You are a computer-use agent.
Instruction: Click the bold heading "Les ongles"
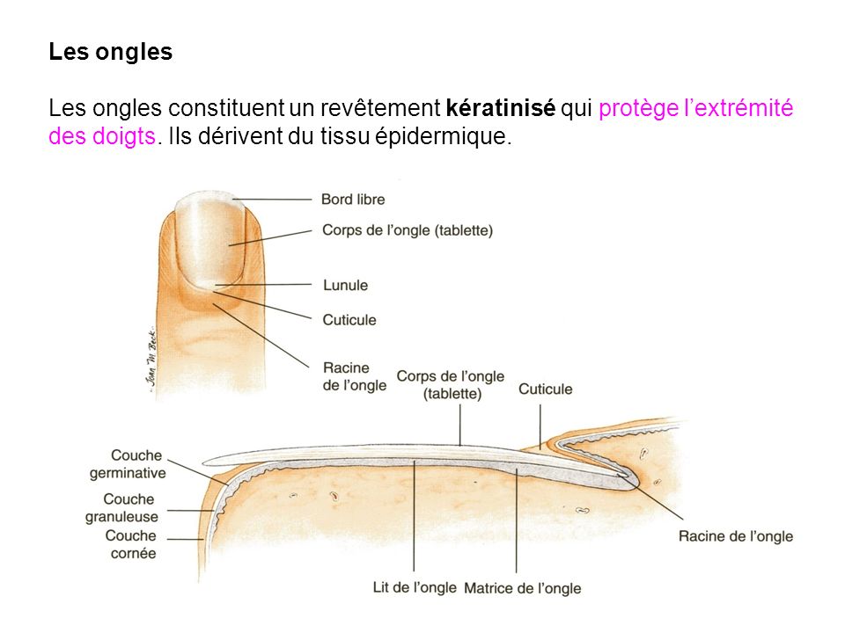[x=110, y=52]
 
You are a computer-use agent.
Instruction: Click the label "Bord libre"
[x=353, y=200]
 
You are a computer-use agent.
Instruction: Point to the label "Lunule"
[x=345, y=285]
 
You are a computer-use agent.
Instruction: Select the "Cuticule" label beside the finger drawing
[x=349, y=319]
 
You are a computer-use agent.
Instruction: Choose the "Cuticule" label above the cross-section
[x=545, y=389]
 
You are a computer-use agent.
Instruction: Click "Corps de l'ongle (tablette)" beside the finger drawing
[x=408, y=230]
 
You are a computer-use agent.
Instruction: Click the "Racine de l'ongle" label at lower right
[x=736, y=536]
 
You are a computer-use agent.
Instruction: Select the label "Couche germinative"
[x=128, y=464]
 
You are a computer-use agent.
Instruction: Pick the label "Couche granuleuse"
[x=121, y=508]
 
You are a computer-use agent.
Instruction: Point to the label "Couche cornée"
[x=130, y=544]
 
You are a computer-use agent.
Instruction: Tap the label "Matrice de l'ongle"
[x=522, y=588]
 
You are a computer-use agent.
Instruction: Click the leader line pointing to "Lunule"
[x=273, y=285]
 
